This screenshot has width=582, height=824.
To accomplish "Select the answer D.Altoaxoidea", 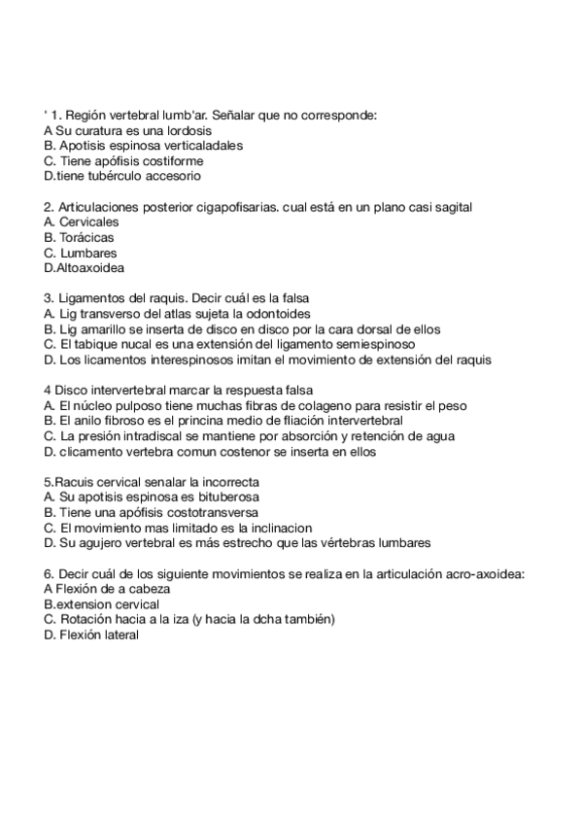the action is click(85, 268).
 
